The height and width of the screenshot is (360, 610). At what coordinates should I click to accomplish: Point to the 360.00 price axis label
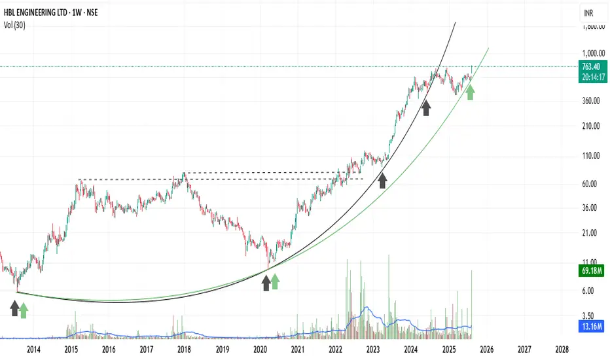pos(590,101)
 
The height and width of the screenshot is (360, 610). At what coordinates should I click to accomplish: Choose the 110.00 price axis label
pos(590,156)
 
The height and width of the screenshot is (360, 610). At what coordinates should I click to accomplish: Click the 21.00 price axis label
pos(590,232)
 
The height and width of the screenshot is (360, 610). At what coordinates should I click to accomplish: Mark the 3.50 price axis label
pos(590,315)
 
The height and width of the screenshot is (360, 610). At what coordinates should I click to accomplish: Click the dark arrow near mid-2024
pos(427,107)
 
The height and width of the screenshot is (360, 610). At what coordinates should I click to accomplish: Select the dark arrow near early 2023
pos(382,180)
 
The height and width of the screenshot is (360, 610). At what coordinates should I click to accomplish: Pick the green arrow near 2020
pos(276,281)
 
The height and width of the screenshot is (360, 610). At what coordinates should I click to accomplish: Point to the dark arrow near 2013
pos(15,308)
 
